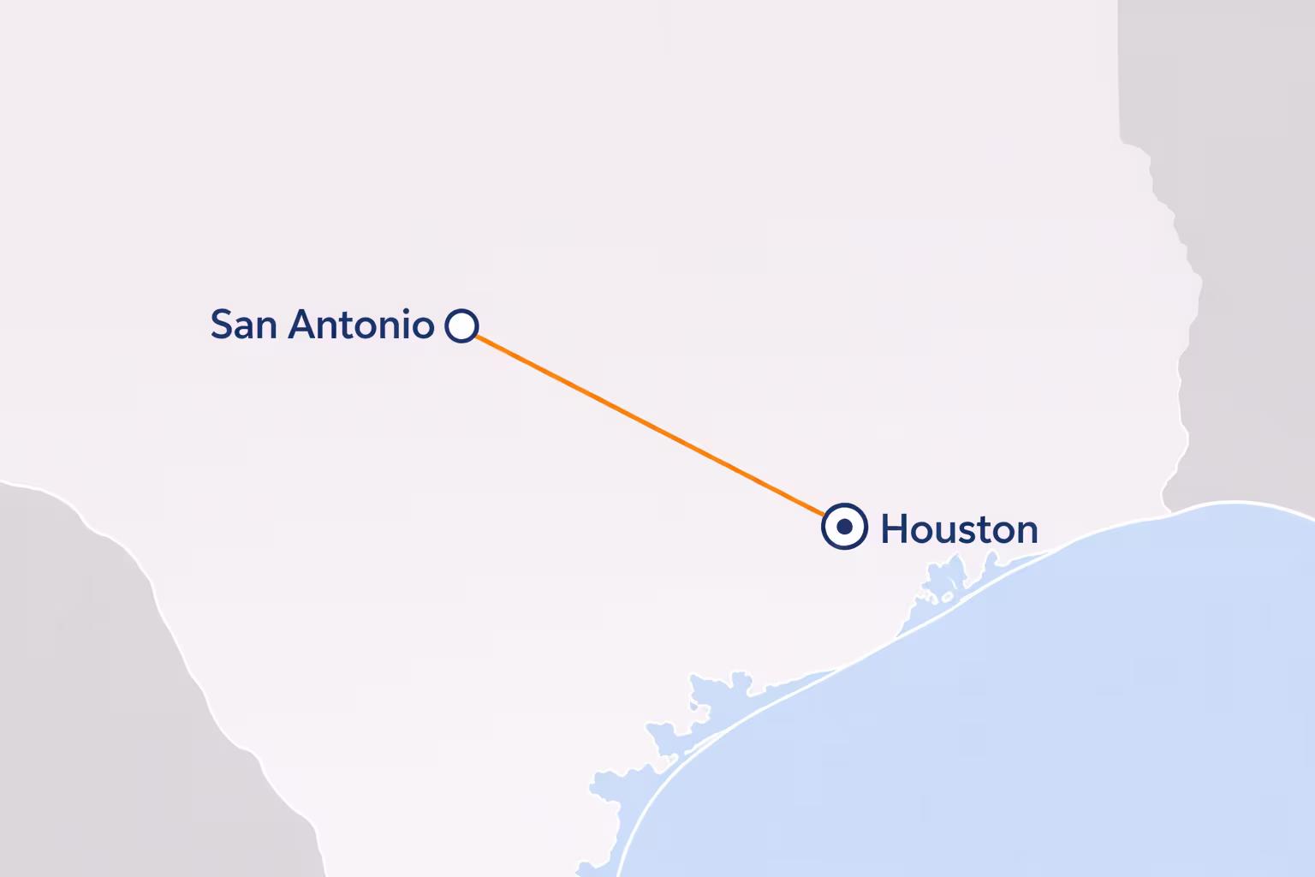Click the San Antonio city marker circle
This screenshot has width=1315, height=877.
coord(461,325)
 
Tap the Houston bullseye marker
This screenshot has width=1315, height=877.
coord(844,526)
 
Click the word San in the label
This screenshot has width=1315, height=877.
coord(245,325)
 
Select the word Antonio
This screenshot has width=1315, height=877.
coord(360,325)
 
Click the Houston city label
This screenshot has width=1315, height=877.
coord(959,529)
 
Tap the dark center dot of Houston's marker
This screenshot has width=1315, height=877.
coord(844,526)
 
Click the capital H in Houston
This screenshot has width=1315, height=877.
coord(894,529)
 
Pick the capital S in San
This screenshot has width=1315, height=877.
coord(222,325)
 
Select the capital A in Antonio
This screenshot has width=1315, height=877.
coord(300,325)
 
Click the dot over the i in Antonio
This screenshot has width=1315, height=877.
coord(407,311)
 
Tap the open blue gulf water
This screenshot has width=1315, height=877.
coord(1070,728)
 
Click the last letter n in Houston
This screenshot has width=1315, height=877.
coord(1027,533)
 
